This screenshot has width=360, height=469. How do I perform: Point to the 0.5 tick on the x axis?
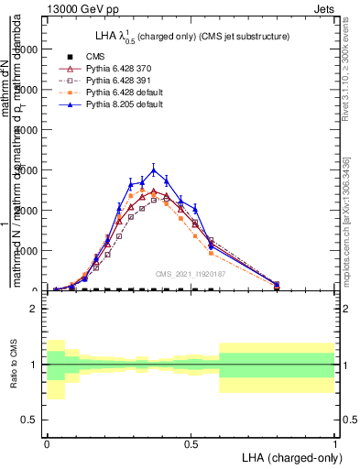191,442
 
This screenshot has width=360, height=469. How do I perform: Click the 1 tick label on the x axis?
335,442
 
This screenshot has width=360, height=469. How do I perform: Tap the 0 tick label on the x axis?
47,442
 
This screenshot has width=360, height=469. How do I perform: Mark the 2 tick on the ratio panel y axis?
34,309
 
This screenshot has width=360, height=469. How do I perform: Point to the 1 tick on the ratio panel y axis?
34,365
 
